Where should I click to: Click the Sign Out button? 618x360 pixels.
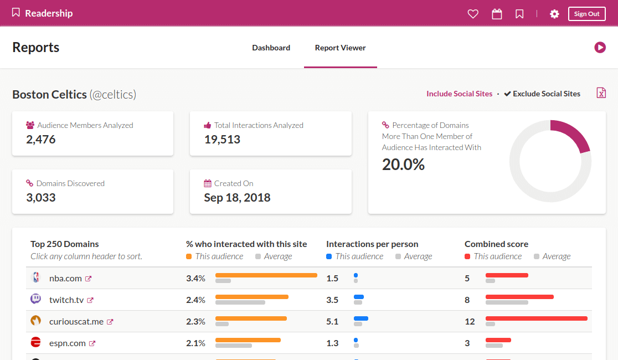pos(586,14)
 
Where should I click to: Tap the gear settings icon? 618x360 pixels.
pos(554,14)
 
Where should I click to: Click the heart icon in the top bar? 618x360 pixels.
pos(473,14)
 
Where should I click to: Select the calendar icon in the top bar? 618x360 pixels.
pos(497,14)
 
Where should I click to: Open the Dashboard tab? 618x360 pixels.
pos(271,48)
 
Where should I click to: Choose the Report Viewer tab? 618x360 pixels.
pos(340,48)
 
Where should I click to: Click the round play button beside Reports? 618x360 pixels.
pos(600,47)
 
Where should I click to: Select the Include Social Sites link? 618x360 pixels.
pos(459,94)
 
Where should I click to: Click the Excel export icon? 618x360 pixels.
pos(601,93)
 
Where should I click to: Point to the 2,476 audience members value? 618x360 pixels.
pos(41,140)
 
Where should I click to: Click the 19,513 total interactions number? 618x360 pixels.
pos(222,140)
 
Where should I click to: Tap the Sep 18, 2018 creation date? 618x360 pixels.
pos(237,198)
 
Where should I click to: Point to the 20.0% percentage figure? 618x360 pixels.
pos(403,164)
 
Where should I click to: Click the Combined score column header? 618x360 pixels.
pos(496,244)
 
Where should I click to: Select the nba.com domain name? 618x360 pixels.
pos(65,279)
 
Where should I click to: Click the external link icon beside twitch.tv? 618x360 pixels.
pos(90,300)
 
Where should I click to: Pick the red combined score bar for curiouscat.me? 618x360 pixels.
pos(537,318)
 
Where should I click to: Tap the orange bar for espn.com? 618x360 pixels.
pos(248,340)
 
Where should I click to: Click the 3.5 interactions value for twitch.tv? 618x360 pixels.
pos(332,300)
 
